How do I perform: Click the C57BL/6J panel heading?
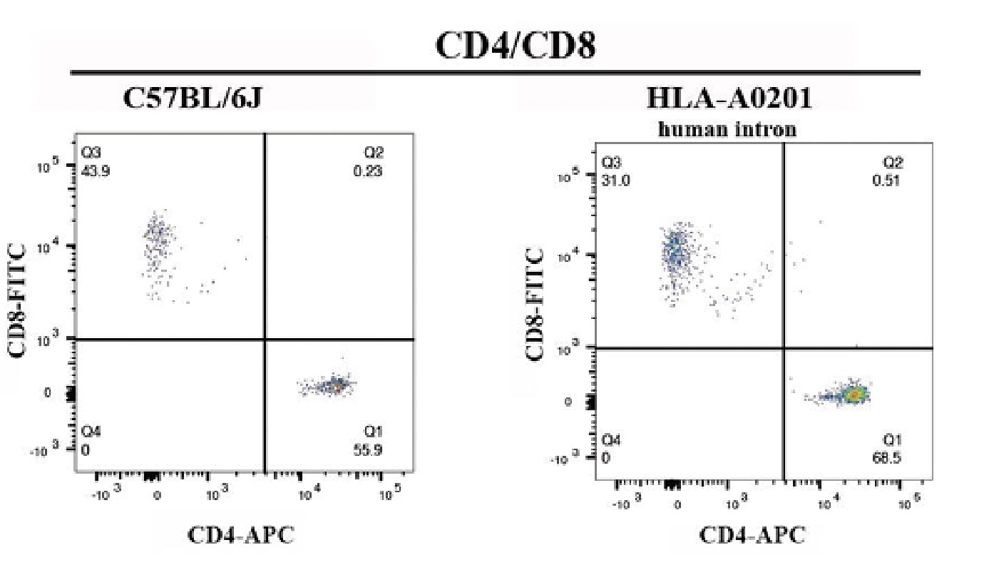(x=193, y=98)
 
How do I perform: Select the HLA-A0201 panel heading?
(x=729, y=98)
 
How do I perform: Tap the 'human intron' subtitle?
(x=727, y=130)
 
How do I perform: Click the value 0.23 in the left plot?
(x=371, y=171)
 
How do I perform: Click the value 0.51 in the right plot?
(x=886, y=180)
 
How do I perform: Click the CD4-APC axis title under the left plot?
(x=241, y=535)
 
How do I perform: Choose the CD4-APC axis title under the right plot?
(x=752, y=535)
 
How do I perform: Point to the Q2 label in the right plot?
(x=893, y=163)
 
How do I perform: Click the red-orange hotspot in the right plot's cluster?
(x=854, y=393)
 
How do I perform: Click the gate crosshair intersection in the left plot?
(x=265, y=339)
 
